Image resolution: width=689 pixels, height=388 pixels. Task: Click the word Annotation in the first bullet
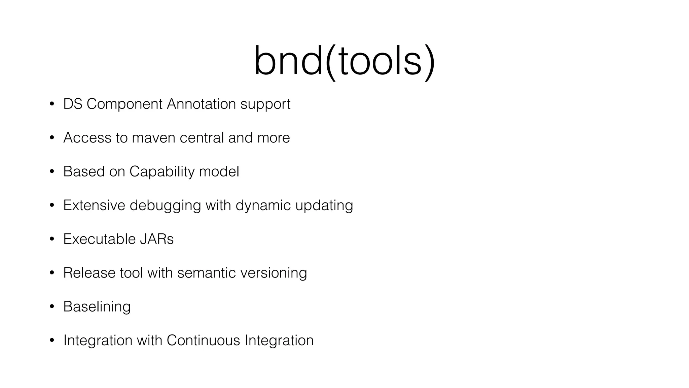pos(201,104)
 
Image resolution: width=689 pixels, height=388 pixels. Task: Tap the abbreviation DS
pos(73,104)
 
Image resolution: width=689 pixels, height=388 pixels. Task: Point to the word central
pos(202,138)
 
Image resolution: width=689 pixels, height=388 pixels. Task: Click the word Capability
pos(162,172)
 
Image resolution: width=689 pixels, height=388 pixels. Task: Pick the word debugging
pos(165,205)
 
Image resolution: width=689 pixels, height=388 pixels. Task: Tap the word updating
pos(324,205)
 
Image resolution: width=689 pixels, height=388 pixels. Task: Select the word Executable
pos(99,239)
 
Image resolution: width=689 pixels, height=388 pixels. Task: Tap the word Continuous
pos(203,340)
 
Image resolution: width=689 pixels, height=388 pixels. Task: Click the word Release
pos(89,273)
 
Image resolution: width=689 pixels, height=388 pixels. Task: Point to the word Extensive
pos(94,205)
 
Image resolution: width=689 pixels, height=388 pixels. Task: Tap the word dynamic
pos(263,205)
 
